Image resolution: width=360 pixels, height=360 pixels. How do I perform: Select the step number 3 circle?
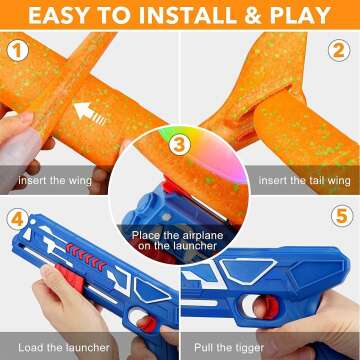tap(179, 146)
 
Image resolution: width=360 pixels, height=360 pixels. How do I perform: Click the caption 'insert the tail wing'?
tap(299, 180)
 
